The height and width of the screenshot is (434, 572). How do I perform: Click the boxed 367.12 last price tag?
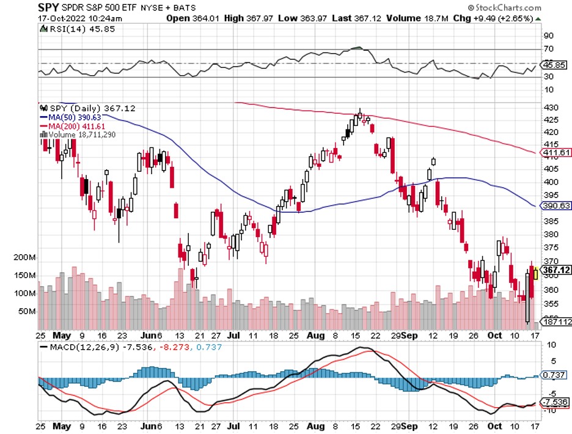click(x=556, y=270)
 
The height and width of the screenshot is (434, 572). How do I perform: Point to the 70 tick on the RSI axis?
click(x=549, y=49)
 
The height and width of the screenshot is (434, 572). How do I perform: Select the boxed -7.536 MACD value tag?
click(x=556, y=402)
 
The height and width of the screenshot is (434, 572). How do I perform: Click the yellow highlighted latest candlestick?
click(x=536, y=273)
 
